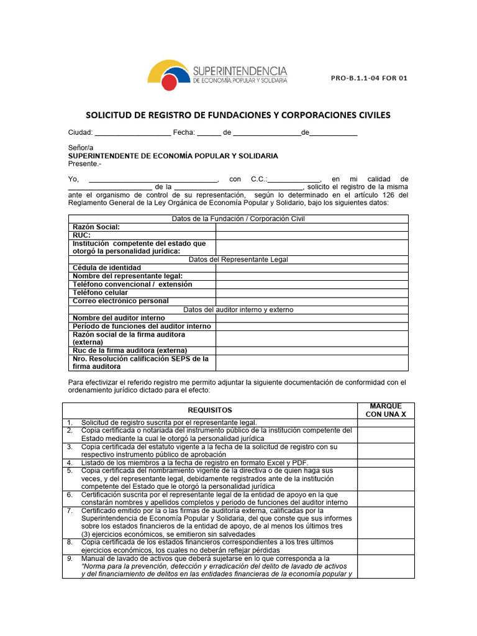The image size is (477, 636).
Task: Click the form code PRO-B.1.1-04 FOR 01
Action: pos(369,79)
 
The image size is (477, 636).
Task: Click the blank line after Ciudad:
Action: pos(132,132)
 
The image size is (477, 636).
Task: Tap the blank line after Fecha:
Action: pos(209,132)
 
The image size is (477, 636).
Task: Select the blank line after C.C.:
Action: pos(294,179)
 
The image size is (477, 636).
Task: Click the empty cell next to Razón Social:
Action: pos(312,227)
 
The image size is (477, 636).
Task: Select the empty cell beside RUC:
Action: pos(312,235)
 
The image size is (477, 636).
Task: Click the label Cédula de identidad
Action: pos(111,268)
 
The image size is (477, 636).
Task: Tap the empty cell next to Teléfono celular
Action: pos(312,293)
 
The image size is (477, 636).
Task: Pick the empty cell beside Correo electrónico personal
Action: pos(312,301)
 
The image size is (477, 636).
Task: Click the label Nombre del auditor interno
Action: pos(119,318)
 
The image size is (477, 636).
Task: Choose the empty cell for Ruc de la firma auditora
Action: pos(312,350)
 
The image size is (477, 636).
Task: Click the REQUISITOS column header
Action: pos(209,410)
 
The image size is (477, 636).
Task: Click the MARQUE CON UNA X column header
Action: pos(385,410)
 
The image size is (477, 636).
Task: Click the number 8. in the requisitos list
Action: pos(71,542)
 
